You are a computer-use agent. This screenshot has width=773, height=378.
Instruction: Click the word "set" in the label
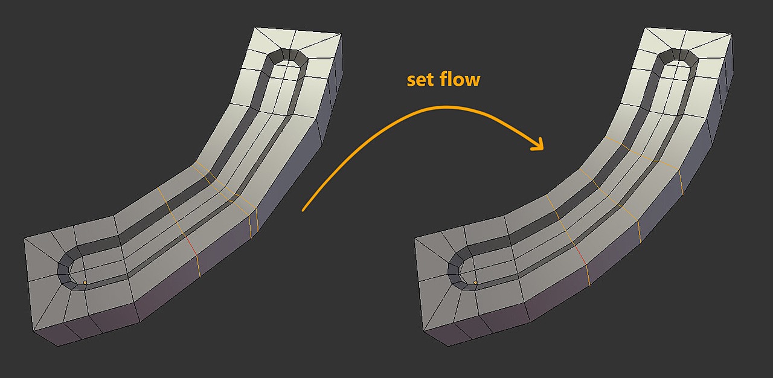421,80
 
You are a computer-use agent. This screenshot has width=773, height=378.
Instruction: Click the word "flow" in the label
460,78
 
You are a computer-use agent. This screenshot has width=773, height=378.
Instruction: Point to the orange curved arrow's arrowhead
537,144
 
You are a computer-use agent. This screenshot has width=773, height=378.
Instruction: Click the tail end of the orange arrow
303,210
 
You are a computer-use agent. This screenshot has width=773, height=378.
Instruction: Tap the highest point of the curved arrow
445,107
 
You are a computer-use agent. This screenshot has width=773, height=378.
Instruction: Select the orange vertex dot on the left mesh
85,283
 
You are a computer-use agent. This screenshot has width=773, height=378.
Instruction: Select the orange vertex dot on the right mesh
475,283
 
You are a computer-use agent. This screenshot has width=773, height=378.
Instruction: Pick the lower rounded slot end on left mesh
67,269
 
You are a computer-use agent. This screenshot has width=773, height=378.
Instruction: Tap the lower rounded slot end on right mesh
458,269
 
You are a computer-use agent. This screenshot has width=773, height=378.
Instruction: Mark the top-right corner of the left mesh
341,34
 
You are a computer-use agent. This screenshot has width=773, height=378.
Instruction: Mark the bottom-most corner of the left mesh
57,346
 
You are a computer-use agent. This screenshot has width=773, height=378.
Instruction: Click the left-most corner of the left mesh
24,238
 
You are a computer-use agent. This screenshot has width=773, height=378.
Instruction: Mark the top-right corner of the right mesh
731,34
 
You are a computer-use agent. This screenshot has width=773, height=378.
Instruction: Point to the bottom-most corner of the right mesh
447,346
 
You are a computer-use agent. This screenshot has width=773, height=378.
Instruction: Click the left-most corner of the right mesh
414,238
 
